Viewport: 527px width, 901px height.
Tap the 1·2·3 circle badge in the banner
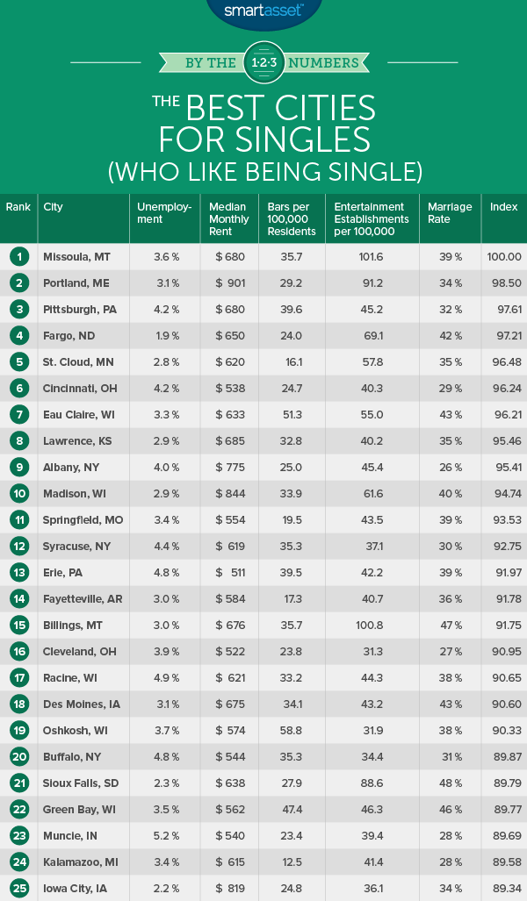263,62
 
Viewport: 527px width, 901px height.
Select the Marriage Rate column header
450,213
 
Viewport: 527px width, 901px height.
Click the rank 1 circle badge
18,256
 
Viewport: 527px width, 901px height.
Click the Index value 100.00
504,257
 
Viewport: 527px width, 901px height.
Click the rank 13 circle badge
18,573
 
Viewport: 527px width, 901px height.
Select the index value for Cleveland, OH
504,652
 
